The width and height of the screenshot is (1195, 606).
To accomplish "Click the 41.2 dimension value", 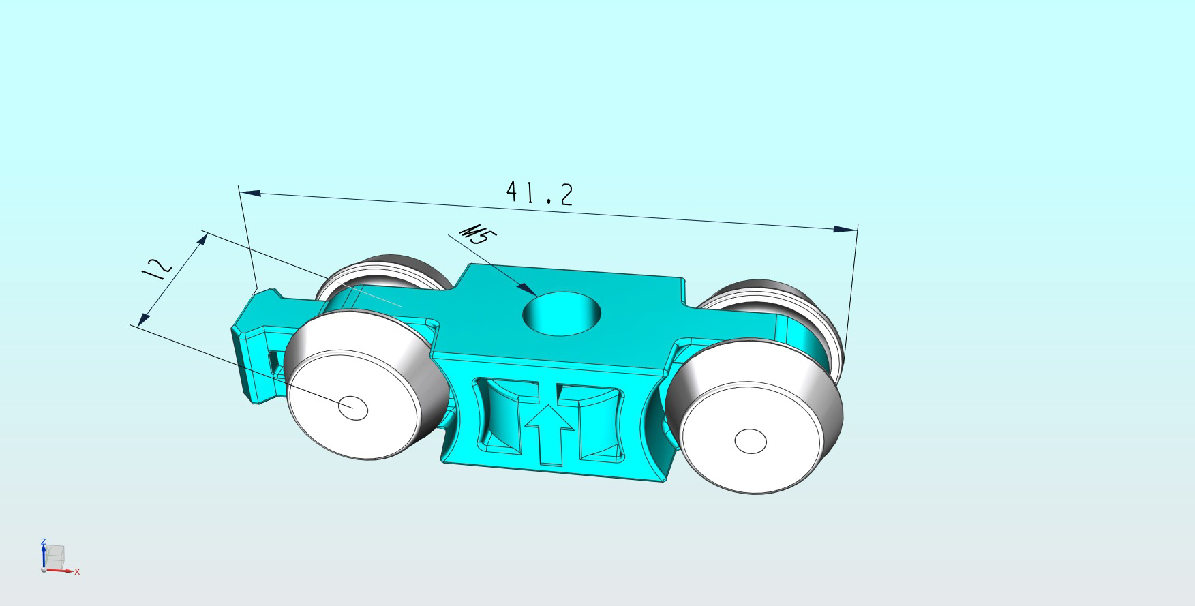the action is point(539,193).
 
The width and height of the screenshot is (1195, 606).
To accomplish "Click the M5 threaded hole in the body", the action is point(562,314).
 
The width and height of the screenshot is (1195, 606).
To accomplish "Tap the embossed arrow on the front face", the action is point(549,435).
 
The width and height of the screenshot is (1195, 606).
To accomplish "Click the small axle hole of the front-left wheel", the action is point(353,408).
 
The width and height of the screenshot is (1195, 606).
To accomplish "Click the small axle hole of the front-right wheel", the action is point(751,442).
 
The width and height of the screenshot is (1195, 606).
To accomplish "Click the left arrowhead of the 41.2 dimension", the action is point(250,193).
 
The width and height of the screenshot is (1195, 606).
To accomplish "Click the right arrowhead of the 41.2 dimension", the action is point(846,229).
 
